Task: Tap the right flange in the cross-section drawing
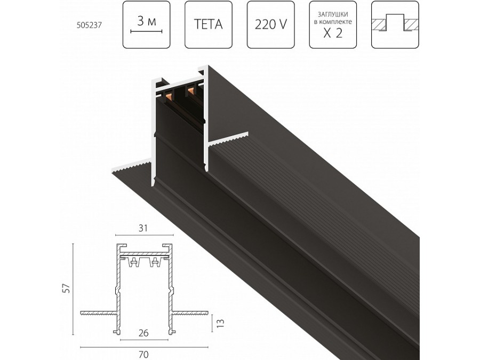tap(190, 311)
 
